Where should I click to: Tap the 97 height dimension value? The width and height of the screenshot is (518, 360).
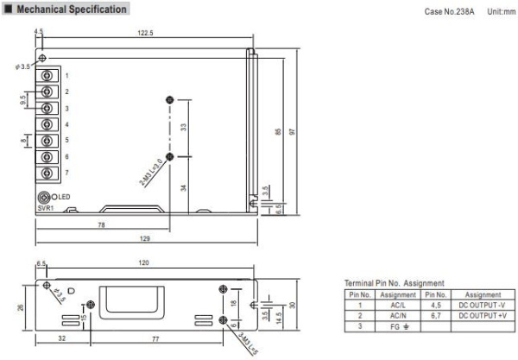pos(293,131)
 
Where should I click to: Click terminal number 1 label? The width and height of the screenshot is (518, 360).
pos(66,75)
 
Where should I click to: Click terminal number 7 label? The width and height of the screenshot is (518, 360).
pos(66,173)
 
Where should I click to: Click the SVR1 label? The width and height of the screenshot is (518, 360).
pos(45,207)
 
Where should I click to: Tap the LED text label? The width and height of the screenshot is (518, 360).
pos(66,198)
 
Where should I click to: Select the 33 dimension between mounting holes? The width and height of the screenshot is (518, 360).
pos(183,128)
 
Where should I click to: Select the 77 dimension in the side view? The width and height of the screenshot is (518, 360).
pos(158,339)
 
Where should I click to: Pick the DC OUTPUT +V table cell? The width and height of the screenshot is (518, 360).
pos(483,316)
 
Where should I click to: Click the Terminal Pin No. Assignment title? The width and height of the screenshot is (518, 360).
pos(395,283)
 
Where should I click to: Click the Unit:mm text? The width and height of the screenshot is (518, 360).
pos(501,12)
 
